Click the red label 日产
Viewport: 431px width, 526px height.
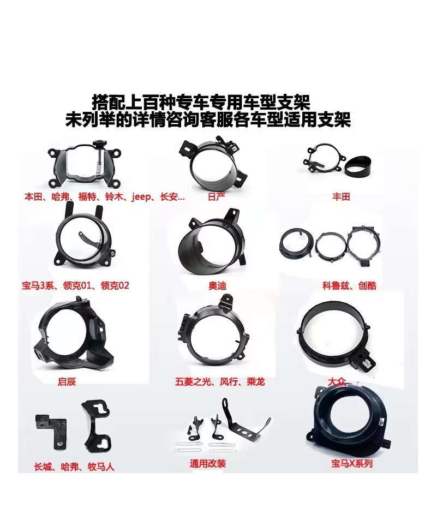[x=217, y=196]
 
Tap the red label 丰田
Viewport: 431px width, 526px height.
[x=341, y=196]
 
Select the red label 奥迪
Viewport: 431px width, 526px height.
[x=217, y=285]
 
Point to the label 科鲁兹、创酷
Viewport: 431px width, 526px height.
[x=349, y=285]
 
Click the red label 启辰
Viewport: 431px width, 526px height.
[x=67, y=381]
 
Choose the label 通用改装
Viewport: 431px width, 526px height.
[x=208, y=464]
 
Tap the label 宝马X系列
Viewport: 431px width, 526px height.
[x=351, y=464]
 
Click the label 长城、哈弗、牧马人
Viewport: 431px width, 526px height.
[x=74, y=467]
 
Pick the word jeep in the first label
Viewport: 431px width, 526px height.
[x=141, y=196]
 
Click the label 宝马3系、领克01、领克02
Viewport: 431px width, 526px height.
[x=75, y=285]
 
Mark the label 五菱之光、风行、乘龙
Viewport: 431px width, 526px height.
[x=220, y=381]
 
